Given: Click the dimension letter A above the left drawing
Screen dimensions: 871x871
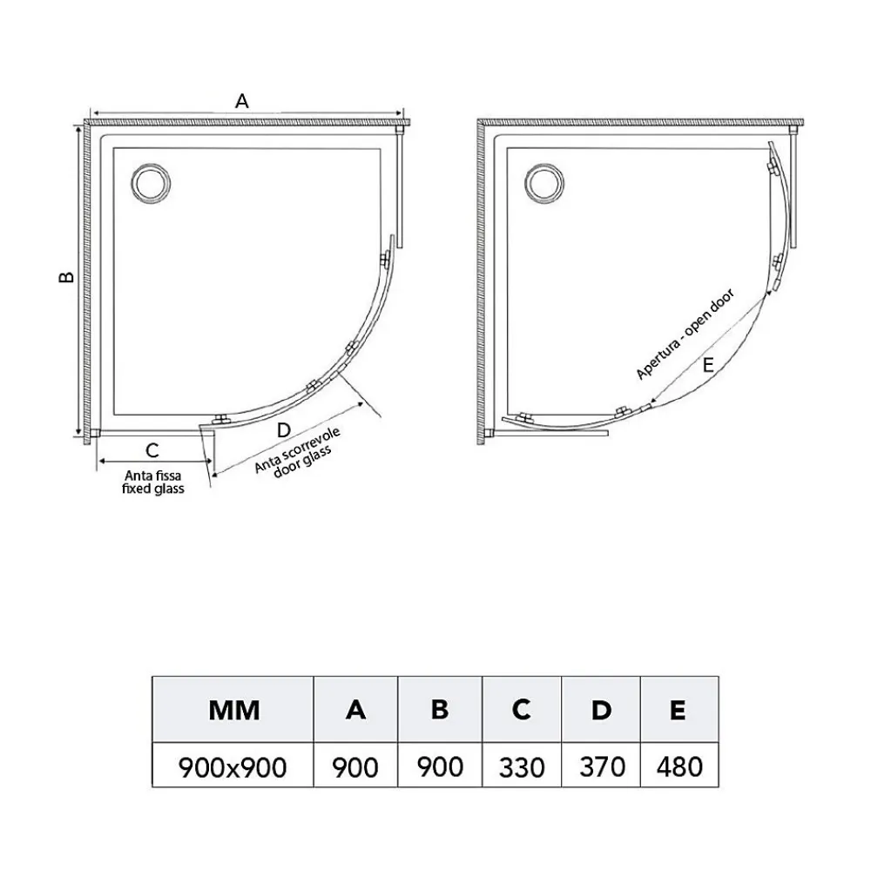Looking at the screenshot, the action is (x=241, y=101).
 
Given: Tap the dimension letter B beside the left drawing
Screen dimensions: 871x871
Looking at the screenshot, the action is (x=67, y=276).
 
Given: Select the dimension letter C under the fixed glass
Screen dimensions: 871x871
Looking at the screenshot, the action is (x=152, y=450).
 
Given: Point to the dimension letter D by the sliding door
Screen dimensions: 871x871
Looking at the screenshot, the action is (x=283, y=429).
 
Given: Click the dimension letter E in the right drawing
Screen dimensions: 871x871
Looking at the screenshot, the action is (x=707, y=365).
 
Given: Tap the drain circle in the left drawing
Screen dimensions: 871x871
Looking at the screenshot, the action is (x=151, y=183).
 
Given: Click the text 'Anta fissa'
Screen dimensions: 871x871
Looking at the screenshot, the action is (x=152, y=476).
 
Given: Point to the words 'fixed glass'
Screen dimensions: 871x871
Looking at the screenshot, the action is (x=152, y=489).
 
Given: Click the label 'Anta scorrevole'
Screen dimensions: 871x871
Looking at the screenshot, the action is (x=297, y=450).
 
